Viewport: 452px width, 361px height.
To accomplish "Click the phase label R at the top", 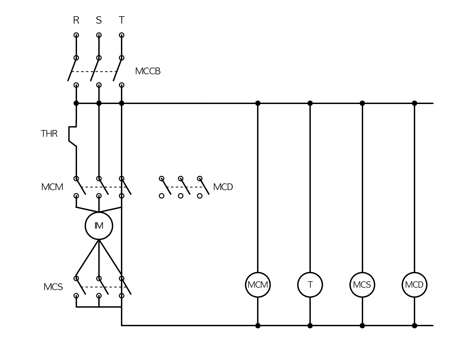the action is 76,20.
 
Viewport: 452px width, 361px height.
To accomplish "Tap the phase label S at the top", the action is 99,20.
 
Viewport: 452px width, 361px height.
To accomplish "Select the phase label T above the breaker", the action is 122,20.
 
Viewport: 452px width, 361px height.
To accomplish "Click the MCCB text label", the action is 148,71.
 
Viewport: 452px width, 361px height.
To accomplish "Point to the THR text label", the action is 49,134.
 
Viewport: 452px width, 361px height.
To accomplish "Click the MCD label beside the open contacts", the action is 223,187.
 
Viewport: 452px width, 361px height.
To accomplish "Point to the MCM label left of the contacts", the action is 52,187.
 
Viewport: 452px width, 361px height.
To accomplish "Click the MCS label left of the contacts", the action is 53,287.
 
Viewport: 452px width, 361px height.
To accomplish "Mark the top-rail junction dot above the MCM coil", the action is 258,103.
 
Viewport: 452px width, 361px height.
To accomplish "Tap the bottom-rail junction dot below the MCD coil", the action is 415,326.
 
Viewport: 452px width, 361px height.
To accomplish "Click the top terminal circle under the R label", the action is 76,35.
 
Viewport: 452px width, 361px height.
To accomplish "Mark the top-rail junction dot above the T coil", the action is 310,103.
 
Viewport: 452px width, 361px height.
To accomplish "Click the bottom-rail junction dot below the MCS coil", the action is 362,326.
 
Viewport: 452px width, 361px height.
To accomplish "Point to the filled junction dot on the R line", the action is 76,103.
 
